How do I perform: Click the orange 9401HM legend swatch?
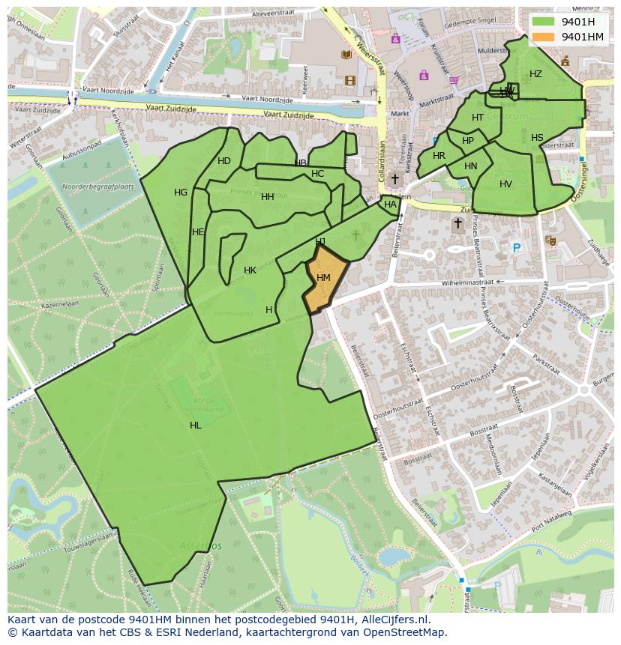(544, 37)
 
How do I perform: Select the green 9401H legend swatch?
(544, 21)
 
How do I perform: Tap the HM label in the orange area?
(323, 278)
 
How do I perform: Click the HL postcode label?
(196, 426)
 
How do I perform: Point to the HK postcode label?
(250, 270)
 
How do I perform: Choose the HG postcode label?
(181, 193)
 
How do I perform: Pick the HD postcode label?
(224, 161)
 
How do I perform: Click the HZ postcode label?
(535, 74)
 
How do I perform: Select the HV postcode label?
(505, 184)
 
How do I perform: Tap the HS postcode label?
(537, 138)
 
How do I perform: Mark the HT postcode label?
(478, 118)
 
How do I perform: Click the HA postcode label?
(390, 205)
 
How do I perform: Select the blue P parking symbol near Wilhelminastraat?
(516, 248)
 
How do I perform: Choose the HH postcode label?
(268, 197)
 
